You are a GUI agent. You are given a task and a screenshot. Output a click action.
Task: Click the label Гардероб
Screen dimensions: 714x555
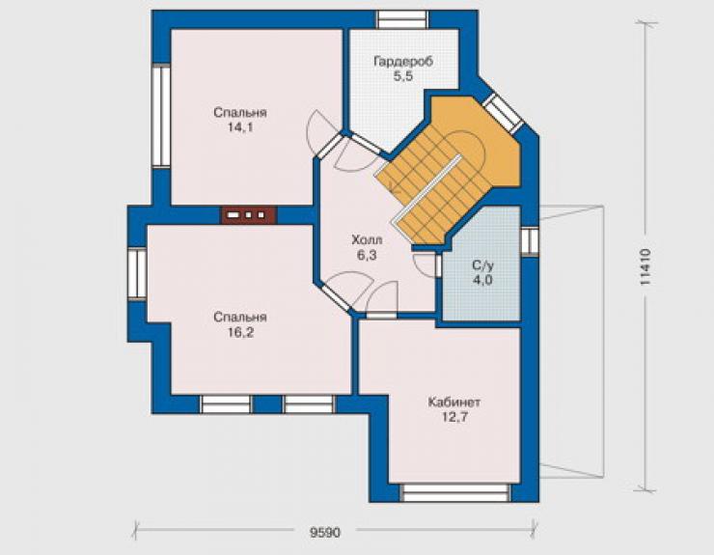pyautogui.click(x=403, y=62)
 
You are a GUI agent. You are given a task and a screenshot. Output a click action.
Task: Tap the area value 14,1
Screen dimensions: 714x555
pyautogui.click(x=240, y=127)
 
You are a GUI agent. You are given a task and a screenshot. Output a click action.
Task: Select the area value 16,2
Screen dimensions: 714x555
pyautogui.click(x=240, y=333)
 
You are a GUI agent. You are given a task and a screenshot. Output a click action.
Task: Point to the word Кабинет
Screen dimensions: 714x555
pyautogui.click(x=454, y=402)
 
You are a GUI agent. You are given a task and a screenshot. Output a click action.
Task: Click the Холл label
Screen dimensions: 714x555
pyautogui.click(x=367, y=239)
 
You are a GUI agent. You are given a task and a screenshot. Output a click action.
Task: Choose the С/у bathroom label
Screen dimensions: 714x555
pyautogui.click(x=482, y=265)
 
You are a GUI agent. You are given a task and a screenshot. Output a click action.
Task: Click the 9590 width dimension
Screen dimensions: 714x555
pyautogui.click(x=325, y=532)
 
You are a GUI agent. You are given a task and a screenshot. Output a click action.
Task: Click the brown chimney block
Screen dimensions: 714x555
pyautogui.click(x=249, y=215)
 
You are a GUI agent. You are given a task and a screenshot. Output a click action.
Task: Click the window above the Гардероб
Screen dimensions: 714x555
pyautogui.click(x=402, y=19)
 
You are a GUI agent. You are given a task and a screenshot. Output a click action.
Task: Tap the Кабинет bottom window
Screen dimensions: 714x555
pyautogui.click(x=455, y=492)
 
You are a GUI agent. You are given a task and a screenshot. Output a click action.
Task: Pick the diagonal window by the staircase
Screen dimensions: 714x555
pyautogui.click(x=503, y=114)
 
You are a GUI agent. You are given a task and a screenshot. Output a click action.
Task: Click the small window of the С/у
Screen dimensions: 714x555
pyautogui.click(x=530, y=240)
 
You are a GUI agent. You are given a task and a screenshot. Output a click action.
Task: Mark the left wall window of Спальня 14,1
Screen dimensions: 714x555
pyautogui.click(x=161, y=116)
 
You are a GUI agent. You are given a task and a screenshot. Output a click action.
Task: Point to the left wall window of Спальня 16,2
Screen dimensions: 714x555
pyautogui.click(x=137, y=273)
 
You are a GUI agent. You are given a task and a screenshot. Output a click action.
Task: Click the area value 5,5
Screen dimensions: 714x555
pyautogui.click(x=403, y=76)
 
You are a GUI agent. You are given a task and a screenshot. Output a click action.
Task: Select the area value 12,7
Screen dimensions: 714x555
pyautogui.click(x=454, y=417)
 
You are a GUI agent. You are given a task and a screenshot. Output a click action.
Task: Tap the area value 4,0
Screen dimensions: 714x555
pyautogui.click(x=482, y=279)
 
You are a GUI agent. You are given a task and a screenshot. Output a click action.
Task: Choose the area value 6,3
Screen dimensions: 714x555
pyautogui.click(x=367, y=255)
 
